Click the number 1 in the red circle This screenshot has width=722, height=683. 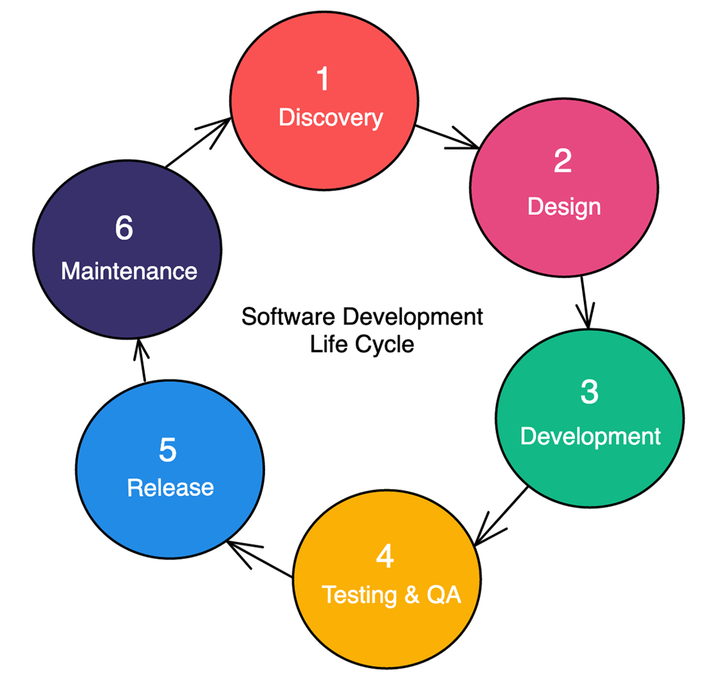[323, 79]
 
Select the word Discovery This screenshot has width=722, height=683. [330, 118]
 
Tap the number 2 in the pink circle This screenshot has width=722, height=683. [563, 161]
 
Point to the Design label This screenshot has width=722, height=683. [564, 207]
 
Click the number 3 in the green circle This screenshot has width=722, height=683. [589, 392]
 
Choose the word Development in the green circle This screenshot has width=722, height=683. [590, 436]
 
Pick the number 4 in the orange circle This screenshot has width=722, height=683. [385, 556]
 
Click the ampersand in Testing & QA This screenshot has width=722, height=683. [411, 595]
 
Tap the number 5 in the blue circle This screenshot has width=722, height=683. [168, 450]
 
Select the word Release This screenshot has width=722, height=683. [171, 488]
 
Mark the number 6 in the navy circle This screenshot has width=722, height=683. [124, 228]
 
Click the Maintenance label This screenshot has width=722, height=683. [129, 272]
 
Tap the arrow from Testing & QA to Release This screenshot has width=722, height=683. [260, 560]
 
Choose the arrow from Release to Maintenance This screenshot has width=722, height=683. [141, 360]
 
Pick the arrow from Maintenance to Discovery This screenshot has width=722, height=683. [198, 142]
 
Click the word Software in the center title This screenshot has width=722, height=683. [279, 317]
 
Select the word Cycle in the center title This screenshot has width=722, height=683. [384, 345]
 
